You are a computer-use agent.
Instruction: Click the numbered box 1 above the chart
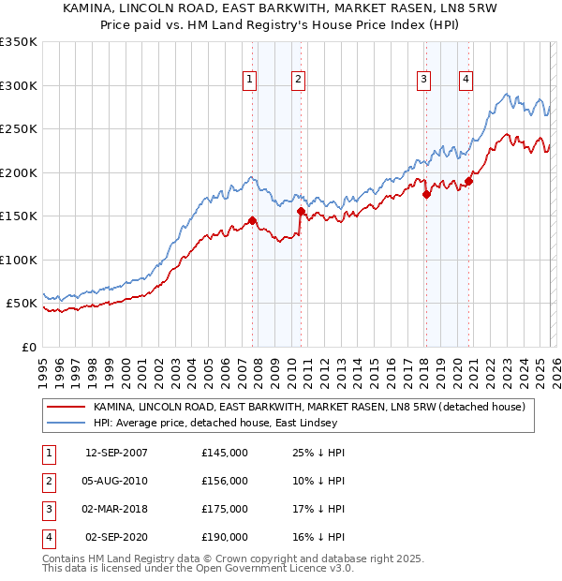pyautogui.click(x=250, y=81)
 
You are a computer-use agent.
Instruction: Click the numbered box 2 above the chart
pyautogui.click(x=297, y=81)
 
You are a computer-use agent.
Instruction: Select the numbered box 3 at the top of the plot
pyautogui.click(x=423, y=81)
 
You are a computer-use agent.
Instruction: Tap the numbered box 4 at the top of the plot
pyautogui.click(x=466, y=81)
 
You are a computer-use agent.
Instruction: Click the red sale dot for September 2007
pyautogui.click(x=253, y=221)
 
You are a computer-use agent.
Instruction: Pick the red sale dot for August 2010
pyautogui.click(x=301, y=212)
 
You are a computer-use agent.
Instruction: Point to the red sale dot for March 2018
pyautogui.click(x=426, y=195)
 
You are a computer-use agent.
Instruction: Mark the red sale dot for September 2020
pyautogui.click(x=468, y=182)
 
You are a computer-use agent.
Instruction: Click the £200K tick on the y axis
pyautogui.click(x=19, y=172)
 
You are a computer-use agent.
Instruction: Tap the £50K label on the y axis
pyautogui.click(x=22, y=304)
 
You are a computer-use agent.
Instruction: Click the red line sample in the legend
pyautogui.click(x=67, y=407)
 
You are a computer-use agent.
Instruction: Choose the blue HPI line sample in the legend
pyautogui.click(x=67, y=422)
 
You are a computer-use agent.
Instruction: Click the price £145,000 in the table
pyautogui.click(x=225, y=453)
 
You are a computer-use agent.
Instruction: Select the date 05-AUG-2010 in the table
pyautogui.click(x=116, y=481)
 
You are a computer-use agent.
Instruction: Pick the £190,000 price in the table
pyautogui.click(x=225, y=537)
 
